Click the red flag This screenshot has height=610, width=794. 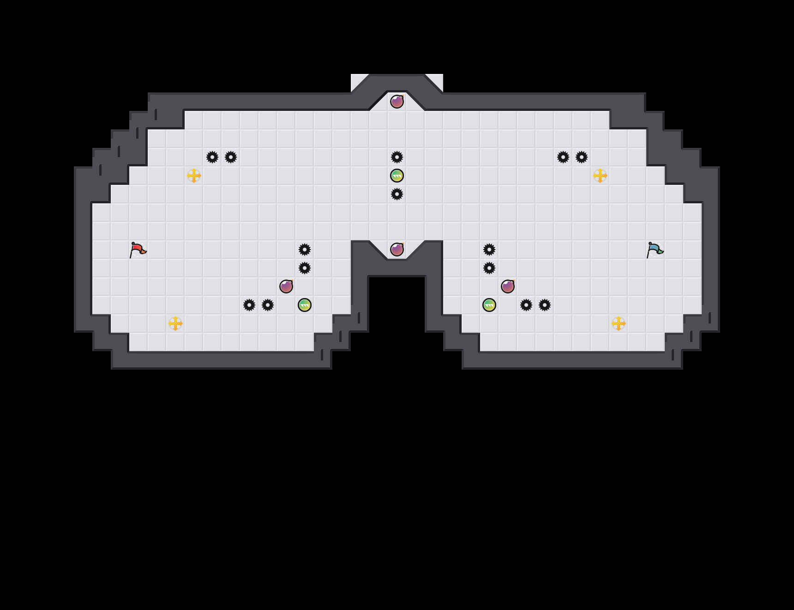(x=138, y=250)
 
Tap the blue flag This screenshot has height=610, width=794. (x=655, y=250)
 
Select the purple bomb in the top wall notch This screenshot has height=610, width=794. (x=397, y=101)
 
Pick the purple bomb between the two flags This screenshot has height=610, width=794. (x=397, y=250)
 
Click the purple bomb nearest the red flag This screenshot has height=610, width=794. (x=286, y=287)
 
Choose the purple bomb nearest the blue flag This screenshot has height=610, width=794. (x=508, y=287)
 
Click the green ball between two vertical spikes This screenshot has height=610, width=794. (x=397, y=176)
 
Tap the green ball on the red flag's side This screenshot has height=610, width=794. (x=305, y=305)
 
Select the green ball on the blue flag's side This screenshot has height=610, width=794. (x=489, y=305)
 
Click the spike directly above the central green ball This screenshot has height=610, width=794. (x=397, y=157)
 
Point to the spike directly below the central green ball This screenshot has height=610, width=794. (x=397, y=194)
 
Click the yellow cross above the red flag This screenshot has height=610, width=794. (x=194, y=176)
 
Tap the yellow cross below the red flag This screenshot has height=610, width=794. (x=175, y=323)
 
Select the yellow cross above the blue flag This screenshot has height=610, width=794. (x=600, y=176)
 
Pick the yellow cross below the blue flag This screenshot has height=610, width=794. (x=619, y=323)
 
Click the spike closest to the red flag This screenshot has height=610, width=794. (x=212, y=157)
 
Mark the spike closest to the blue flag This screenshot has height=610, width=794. (x=582, y=157)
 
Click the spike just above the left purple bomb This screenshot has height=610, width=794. (x=305, y=268)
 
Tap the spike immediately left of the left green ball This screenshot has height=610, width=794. (x=268, y=305)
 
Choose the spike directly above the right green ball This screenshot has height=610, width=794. (x=489, y=268)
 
